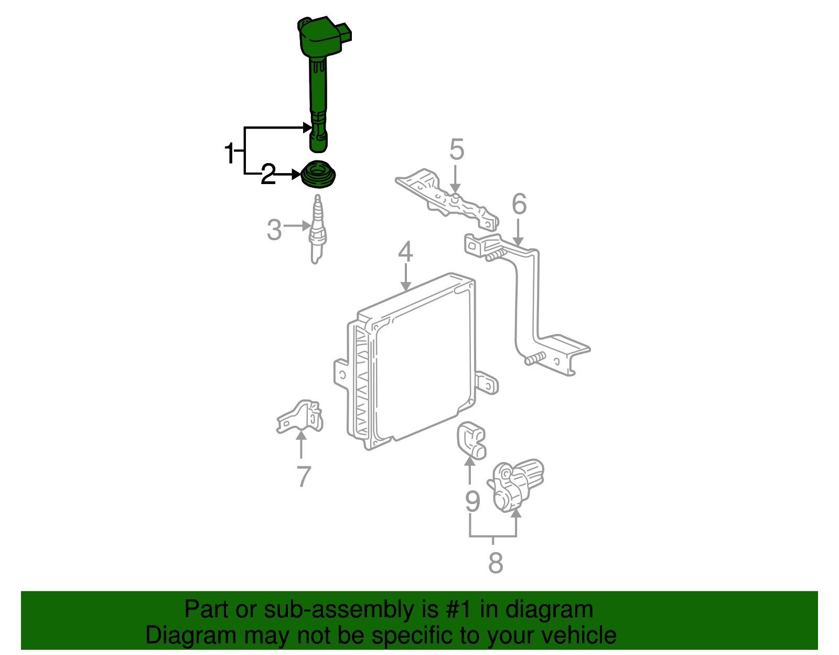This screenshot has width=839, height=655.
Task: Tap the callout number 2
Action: pos(268,174)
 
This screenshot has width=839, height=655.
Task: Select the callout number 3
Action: pos(274,230)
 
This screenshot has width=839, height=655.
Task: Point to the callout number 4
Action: pos(405,252)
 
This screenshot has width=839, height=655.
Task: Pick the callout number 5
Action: pos(457,150)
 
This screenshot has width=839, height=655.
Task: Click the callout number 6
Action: pos(519,204)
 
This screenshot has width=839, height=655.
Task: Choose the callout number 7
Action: pos(304,477)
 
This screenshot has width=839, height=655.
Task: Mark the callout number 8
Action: pos(495,563)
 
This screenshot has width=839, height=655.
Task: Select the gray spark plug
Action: pos(316,231)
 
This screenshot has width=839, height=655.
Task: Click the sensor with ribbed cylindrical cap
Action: pos(517,484)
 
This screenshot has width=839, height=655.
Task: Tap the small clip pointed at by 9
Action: pos(471,440)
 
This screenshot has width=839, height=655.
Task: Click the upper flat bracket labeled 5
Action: pos(446,197)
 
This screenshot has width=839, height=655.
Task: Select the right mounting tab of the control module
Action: pos(487,383)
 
